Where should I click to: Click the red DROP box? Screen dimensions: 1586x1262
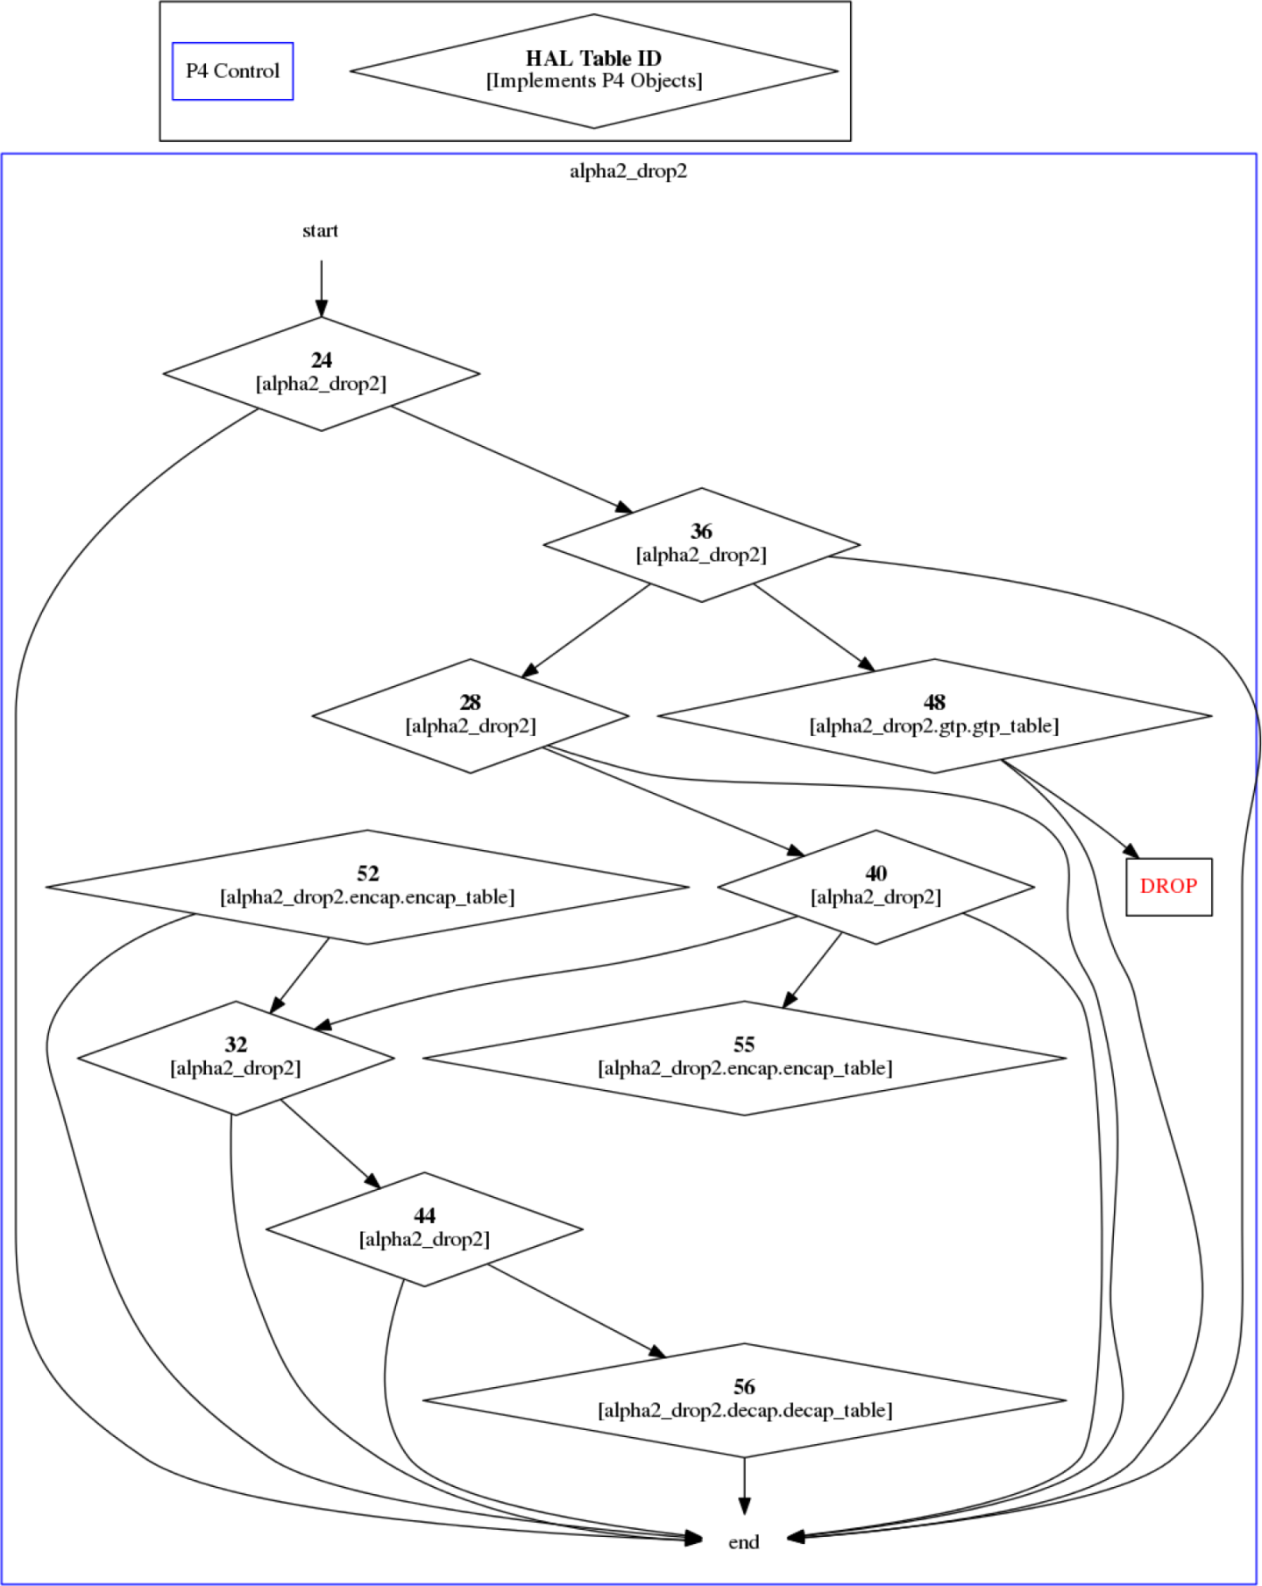1168,886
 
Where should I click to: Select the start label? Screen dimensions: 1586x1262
320,230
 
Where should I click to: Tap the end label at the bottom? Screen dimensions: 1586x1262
744,1541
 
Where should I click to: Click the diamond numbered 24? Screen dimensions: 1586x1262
321,373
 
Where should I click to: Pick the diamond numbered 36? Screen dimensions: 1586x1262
701,544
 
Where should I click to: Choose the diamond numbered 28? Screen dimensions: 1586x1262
470,715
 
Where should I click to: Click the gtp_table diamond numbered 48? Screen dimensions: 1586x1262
934,715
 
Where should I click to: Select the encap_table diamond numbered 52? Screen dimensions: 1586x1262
367,886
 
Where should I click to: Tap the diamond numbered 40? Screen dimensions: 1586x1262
876,886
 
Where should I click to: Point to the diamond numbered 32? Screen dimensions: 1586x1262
236,1057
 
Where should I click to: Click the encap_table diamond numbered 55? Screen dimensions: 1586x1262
744,1057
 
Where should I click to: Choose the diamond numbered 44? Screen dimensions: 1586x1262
424,1228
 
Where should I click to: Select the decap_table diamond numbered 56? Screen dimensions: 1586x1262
744,1399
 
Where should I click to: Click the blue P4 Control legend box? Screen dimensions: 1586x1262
232,71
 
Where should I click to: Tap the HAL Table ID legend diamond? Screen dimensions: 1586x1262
593,70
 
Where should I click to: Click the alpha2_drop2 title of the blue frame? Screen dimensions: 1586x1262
628,171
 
